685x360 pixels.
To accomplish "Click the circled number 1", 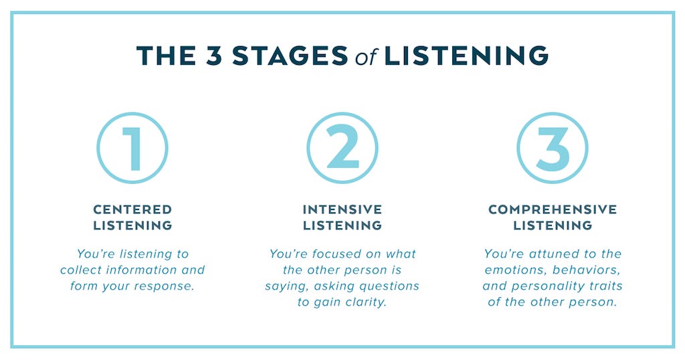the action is click(x=132, y=148).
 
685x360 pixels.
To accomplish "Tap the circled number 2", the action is click(x=342, y=148).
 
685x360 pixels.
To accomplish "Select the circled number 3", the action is click(x=553, y=148).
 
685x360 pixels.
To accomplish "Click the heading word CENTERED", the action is click(x=132, y=210).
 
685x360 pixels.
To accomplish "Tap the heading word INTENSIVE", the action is click(x=342, y=210).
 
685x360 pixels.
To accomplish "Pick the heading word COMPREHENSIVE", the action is click(x=553, y=210).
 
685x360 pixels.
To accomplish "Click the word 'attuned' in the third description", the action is click(x=553, y=254).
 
